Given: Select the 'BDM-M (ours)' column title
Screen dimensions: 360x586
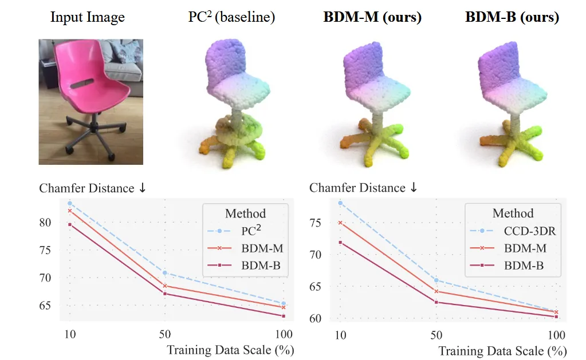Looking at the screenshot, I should (372, 17).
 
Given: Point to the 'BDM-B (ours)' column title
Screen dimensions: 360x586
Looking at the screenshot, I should (512, 17).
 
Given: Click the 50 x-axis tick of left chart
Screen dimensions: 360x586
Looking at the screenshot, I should (164, 335).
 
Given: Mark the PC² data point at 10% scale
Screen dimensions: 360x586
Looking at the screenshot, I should (70, 203).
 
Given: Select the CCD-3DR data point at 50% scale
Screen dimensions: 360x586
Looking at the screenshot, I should (436, 280).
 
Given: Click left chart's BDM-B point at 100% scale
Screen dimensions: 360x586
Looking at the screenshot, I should (284, 316).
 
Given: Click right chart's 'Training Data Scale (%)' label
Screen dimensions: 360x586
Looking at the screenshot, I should (502, 350).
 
